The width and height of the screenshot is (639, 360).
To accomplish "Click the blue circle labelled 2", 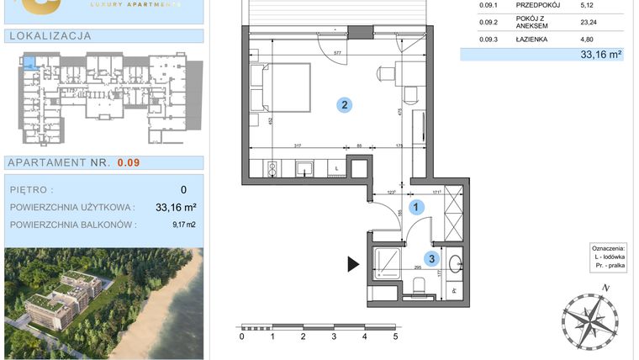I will [344, 106].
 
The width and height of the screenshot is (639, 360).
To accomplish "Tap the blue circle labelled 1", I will [415, 204].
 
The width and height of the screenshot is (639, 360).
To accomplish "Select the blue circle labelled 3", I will [430, 259].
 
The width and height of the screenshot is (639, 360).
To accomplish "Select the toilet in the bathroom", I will [416, 290].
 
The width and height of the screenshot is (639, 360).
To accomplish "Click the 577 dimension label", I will [338, 53].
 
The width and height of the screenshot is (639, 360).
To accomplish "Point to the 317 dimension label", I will [274, 146].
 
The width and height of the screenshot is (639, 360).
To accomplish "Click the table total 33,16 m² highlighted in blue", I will [600, 55].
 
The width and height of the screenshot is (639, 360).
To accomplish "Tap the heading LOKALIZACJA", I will [49, 36].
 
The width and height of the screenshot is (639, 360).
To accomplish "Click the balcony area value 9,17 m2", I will [185, 225].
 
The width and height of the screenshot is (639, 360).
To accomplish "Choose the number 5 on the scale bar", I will [395, 336].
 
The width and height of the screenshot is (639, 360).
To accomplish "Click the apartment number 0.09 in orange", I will [129, 163].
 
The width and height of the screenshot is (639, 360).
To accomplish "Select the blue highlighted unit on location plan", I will [29, 62].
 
